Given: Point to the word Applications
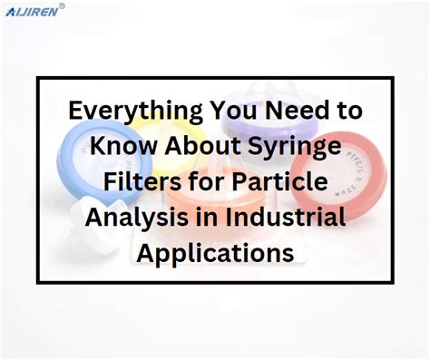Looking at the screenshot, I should coord(215,253).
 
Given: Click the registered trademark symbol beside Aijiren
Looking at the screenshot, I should coord(62,5).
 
